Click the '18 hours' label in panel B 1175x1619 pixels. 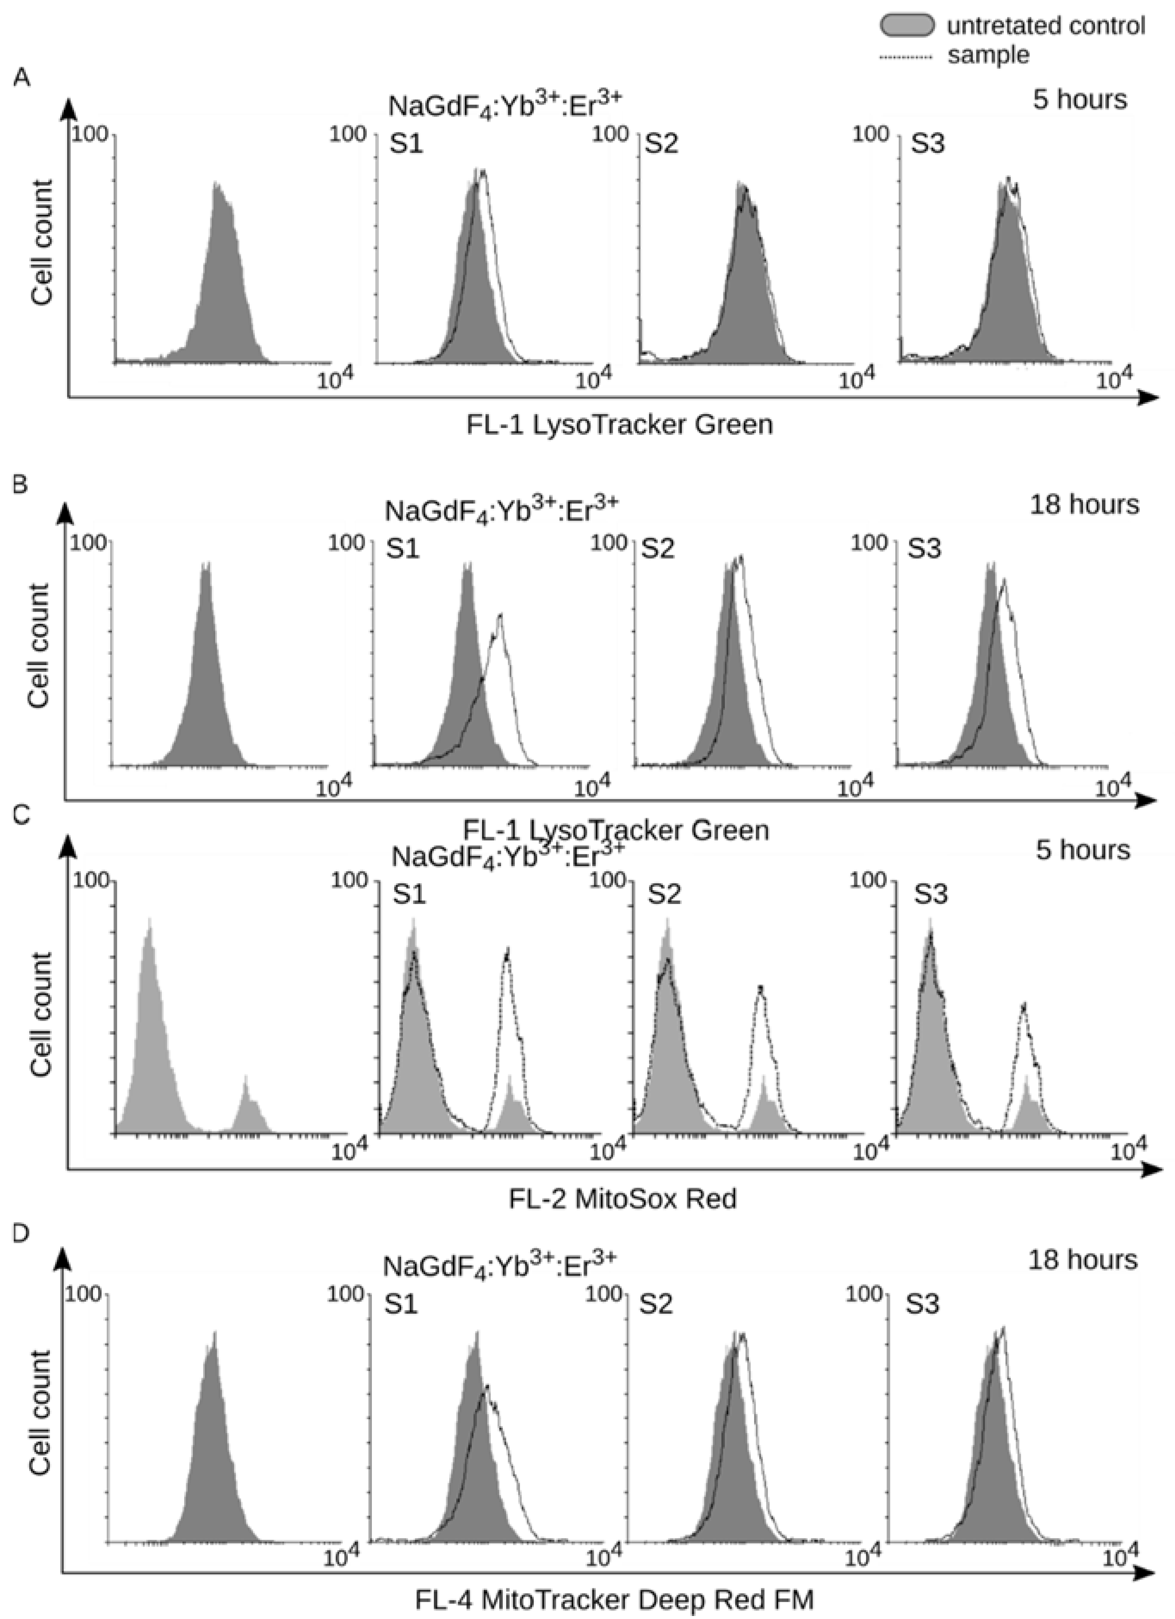tap(1084, 504)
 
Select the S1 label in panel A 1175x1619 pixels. tap(406, 144)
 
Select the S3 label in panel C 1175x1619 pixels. tap(931, 894)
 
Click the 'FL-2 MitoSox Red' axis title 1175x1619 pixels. tap(622, 1198)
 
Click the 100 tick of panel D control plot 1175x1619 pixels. tap(80, 1294)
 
